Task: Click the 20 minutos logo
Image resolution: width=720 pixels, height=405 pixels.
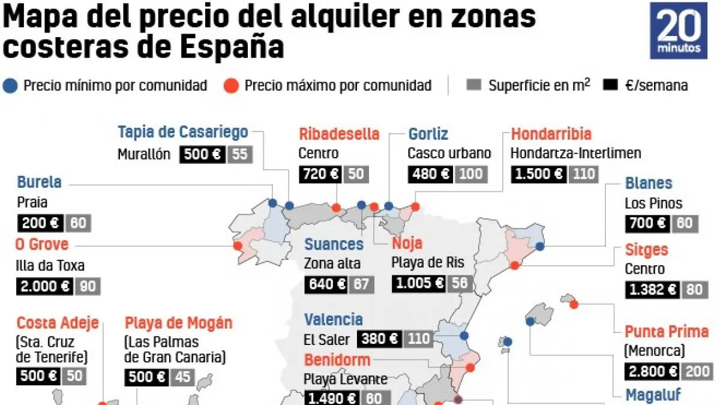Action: [679, 30]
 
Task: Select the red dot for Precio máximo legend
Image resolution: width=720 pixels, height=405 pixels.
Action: [232, 85]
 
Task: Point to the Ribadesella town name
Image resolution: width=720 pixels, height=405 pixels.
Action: [339, 134]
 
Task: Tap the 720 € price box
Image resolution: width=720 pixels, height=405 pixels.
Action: [320, 174]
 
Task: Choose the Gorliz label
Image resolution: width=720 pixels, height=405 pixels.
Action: [428, 134]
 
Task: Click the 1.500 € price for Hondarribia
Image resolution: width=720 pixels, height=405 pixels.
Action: [538, 174]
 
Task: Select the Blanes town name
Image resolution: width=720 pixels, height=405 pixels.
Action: [649, 183]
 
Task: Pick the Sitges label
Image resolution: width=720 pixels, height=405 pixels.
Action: [646, 249]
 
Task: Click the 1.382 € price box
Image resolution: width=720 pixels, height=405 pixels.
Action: [652, 290]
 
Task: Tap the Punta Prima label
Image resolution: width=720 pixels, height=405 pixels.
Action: [667, 331]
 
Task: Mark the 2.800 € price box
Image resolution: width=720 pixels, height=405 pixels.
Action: [652, 371]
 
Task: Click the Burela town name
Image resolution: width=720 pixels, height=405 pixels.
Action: [39, 182]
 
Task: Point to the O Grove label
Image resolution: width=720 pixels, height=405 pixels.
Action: [43, 245]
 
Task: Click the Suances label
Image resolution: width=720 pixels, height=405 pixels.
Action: [334, 244]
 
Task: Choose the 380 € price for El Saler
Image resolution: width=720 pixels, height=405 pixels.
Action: [379, 339]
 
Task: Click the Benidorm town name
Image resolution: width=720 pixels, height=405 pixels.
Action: [337, 360]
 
